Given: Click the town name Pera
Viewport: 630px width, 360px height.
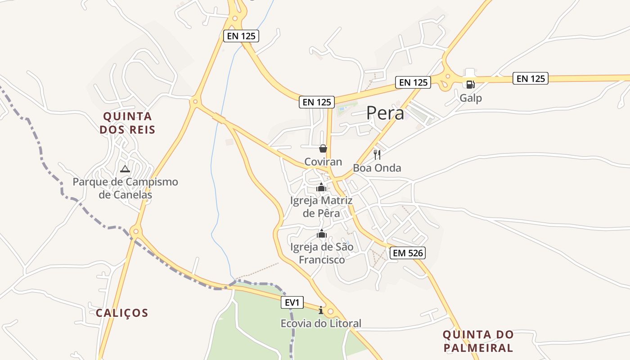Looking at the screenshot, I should (x=385, y=113).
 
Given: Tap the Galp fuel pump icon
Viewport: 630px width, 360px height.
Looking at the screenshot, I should (x=470, y=84).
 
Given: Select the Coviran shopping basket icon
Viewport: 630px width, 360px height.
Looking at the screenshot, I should (x=323, y=148).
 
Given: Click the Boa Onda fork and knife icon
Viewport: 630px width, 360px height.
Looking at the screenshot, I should (x=377, y=155).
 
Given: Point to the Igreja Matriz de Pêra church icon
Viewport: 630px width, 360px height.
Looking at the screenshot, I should (x=321, y=187).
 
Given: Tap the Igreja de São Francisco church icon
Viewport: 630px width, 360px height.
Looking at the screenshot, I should (x=321, y=234).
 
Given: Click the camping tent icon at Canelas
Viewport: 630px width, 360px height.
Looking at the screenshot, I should (x=125, y=169).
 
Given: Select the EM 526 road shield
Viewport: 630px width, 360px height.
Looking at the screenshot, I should (x=408, y=253).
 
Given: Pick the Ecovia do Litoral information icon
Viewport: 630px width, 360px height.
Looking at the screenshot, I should (x=321, y=310).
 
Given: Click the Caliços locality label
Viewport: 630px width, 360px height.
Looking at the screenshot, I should (x=122, y=313).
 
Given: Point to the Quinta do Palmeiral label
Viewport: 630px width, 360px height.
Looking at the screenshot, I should (x=478, y=341).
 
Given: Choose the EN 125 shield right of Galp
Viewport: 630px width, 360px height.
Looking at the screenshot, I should (x=531, y=79).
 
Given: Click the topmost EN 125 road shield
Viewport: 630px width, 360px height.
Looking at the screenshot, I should (x=241, y=36).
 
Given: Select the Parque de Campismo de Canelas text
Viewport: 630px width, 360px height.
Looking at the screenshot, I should (x=126, y=188).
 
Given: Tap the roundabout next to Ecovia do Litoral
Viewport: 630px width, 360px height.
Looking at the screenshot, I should (x=331, y=311).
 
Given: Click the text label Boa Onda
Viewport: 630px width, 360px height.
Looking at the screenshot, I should (x=377, y=168).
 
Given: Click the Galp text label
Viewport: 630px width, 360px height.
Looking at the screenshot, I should (x=471, y=98).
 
